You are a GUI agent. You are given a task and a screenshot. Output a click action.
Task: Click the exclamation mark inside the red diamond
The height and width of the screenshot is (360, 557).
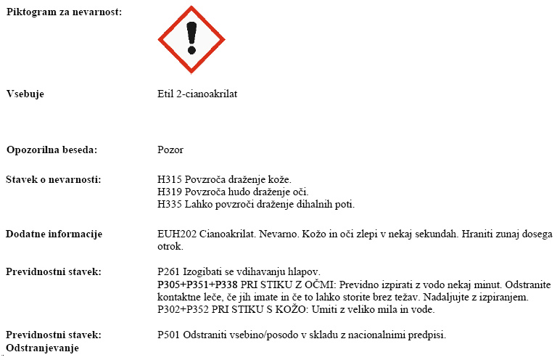coord(191,38)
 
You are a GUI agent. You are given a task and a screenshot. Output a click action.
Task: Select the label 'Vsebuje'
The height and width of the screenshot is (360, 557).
coord(25,94)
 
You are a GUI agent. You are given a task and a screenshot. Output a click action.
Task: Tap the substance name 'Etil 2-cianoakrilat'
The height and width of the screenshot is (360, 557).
coord(197,94)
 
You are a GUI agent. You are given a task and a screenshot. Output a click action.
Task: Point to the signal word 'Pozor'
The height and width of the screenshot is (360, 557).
coord(170,150)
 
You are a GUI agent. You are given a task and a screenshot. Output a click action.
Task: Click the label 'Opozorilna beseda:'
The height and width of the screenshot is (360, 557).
coord(51,150)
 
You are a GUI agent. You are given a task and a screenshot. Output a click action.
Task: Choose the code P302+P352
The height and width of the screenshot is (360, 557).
coord(186,309)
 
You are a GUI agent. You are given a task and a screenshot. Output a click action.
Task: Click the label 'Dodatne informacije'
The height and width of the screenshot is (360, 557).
coord(54,234)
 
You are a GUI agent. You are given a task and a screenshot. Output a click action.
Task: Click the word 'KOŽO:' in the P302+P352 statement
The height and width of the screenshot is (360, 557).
coord(300,309)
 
